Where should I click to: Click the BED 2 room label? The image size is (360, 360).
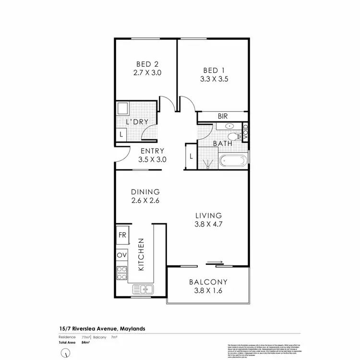147,64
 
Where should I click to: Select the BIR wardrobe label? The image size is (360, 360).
222,116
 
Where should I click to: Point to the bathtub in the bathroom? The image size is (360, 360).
233,161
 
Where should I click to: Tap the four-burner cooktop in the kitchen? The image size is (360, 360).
122,273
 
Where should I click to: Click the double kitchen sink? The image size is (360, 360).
143,289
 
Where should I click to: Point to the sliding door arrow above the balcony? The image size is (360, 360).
215,263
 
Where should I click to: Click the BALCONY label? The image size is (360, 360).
208,282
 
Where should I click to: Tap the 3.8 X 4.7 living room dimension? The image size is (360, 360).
208,224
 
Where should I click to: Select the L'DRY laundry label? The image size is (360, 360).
137,122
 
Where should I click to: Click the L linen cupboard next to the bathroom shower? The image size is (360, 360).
191,156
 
